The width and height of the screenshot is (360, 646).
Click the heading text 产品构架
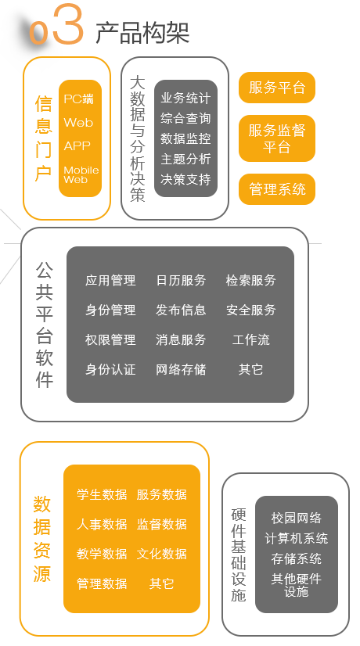(x=142, y=33)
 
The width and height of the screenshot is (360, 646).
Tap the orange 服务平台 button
(x=277, y=88)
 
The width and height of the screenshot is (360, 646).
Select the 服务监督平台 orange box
(x=277, y=138)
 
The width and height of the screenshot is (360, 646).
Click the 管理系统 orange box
(x=277, y=189)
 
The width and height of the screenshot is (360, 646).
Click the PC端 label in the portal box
(x=78, y=99)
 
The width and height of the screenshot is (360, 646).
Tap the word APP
(x=77, y=145)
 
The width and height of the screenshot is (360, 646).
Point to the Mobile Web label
(x=81, y=174)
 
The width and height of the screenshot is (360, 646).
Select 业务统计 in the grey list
(x=185, y=98)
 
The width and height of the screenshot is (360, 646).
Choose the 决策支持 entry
(x=185, y=179)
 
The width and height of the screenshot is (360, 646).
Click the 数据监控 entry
(x=185, y=138)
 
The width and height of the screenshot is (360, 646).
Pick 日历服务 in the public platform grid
(x=181, y=281)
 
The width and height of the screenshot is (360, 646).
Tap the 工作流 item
(x=250, y=340)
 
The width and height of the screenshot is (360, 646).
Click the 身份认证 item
(x=110, y=370)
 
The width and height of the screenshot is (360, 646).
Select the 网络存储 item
(x=181, y=370)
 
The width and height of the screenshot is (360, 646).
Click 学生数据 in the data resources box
(x=102, y=494)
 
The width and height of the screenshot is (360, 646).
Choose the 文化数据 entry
(x=162, y=554)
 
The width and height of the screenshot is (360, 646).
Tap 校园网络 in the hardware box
(x=296, y=518)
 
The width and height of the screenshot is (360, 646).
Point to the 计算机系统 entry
(x=296, y=539)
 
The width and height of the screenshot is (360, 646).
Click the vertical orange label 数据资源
(x=42, y=539)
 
